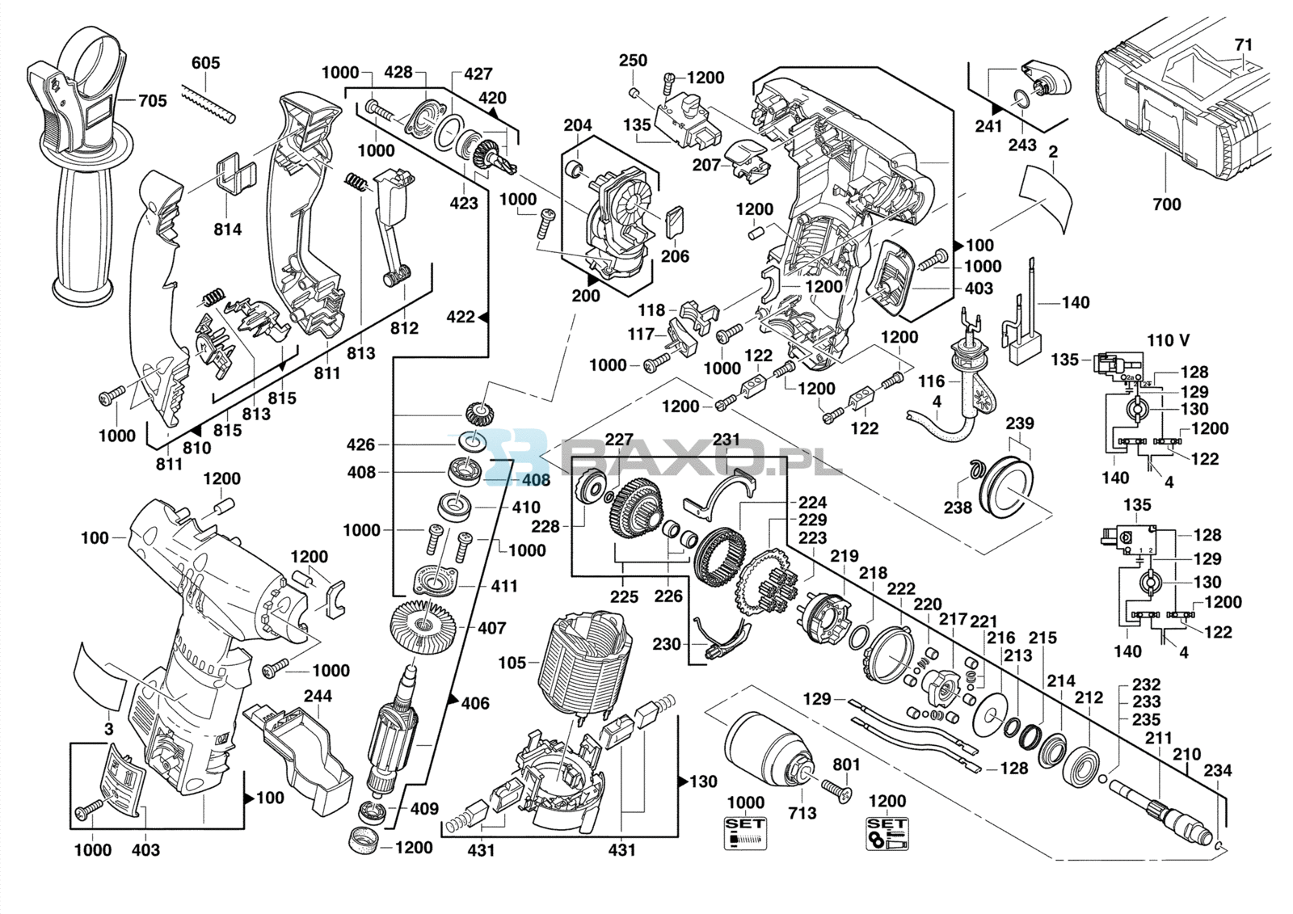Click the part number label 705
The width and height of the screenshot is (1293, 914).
152,101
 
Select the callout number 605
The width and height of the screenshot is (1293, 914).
206,63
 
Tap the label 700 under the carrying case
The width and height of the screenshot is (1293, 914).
1166,204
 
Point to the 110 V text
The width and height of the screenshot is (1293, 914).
1168,340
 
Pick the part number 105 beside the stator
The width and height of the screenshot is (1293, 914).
512,663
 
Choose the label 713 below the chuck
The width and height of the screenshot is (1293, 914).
802,813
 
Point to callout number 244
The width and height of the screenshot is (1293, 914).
318,696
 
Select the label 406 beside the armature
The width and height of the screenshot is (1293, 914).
475,703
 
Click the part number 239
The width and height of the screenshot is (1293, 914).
1019,423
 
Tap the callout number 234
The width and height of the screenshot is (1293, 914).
1217,770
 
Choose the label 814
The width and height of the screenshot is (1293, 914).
228,230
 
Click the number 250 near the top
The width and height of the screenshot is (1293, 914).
633,61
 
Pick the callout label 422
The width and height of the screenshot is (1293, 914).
461,317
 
